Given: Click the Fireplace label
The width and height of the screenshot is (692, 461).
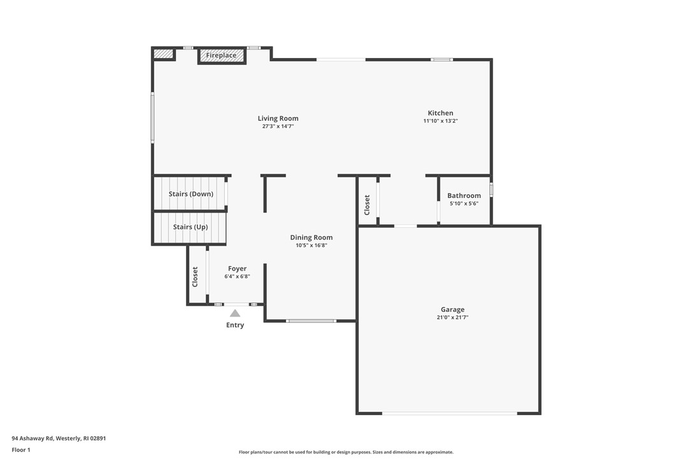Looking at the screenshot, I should pyautogui.click(x=221, y=56).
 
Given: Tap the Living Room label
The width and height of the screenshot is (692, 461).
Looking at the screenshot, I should pyautogui.click(x=278, y=118).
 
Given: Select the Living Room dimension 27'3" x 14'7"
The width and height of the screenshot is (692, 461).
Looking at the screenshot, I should pyautogui.click(x=278, y=127).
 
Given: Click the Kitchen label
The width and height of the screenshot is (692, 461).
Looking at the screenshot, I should pyautogui.click(x=440, y=113).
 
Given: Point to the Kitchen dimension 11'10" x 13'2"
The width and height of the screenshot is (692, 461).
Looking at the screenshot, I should pyautogui.click(x=440, y=121).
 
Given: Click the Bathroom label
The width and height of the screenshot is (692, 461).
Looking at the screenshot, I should pyautogui.click(x=464, y=196).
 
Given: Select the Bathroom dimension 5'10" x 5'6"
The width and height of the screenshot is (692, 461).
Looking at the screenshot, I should pyautogui.click(x=464, y=204).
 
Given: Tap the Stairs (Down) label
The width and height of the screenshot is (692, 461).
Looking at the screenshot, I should pyautogui.click(x=191, y=194).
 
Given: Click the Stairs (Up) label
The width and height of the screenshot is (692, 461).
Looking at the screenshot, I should pyautogui.click(x=191, y=227).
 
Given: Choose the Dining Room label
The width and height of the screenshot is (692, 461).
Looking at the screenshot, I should pyautogui.click(x=312, y=238).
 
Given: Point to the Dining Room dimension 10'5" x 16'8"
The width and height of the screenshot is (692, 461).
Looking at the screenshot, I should pyautogui.click(x=312, y=246).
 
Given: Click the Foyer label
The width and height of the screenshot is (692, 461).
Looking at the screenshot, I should pyautogui.click(x=237, y=269).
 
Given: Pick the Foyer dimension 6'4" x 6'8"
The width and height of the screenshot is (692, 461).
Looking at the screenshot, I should pyautogui.click(x=237, y=277).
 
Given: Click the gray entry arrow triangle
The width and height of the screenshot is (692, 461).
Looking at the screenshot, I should pyautogui.click(x=235, y=313).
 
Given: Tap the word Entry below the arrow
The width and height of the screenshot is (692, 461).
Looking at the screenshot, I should pyautogui.click(x=235, y=325).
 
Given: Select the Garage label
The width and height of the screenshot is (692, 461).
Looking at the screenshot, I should pyautogui.click(x=452, y=309).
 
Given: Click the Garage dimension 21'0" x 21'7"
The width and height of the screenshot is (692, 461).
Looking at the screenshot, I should pyautogui.click(x=452, y=318).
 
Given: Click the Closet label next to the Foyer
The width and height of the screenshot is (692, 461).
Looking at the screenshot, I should pyautogui.click(x=196, y=276).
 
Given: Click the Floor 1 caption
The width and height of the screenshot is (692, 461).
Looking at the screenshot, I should pyautogui.click(x=21, y=450).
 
